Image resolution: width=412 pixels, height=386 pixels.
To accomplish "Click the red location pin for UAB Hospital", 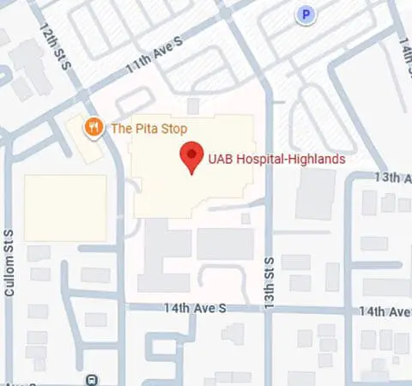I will (191, 158).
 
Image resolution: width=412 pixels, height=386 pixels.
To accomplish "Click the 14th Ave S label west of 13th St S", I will (199, 307).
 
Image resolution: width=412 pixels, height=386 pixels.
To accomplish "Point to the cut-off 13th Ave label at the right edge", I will (393, 178).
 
